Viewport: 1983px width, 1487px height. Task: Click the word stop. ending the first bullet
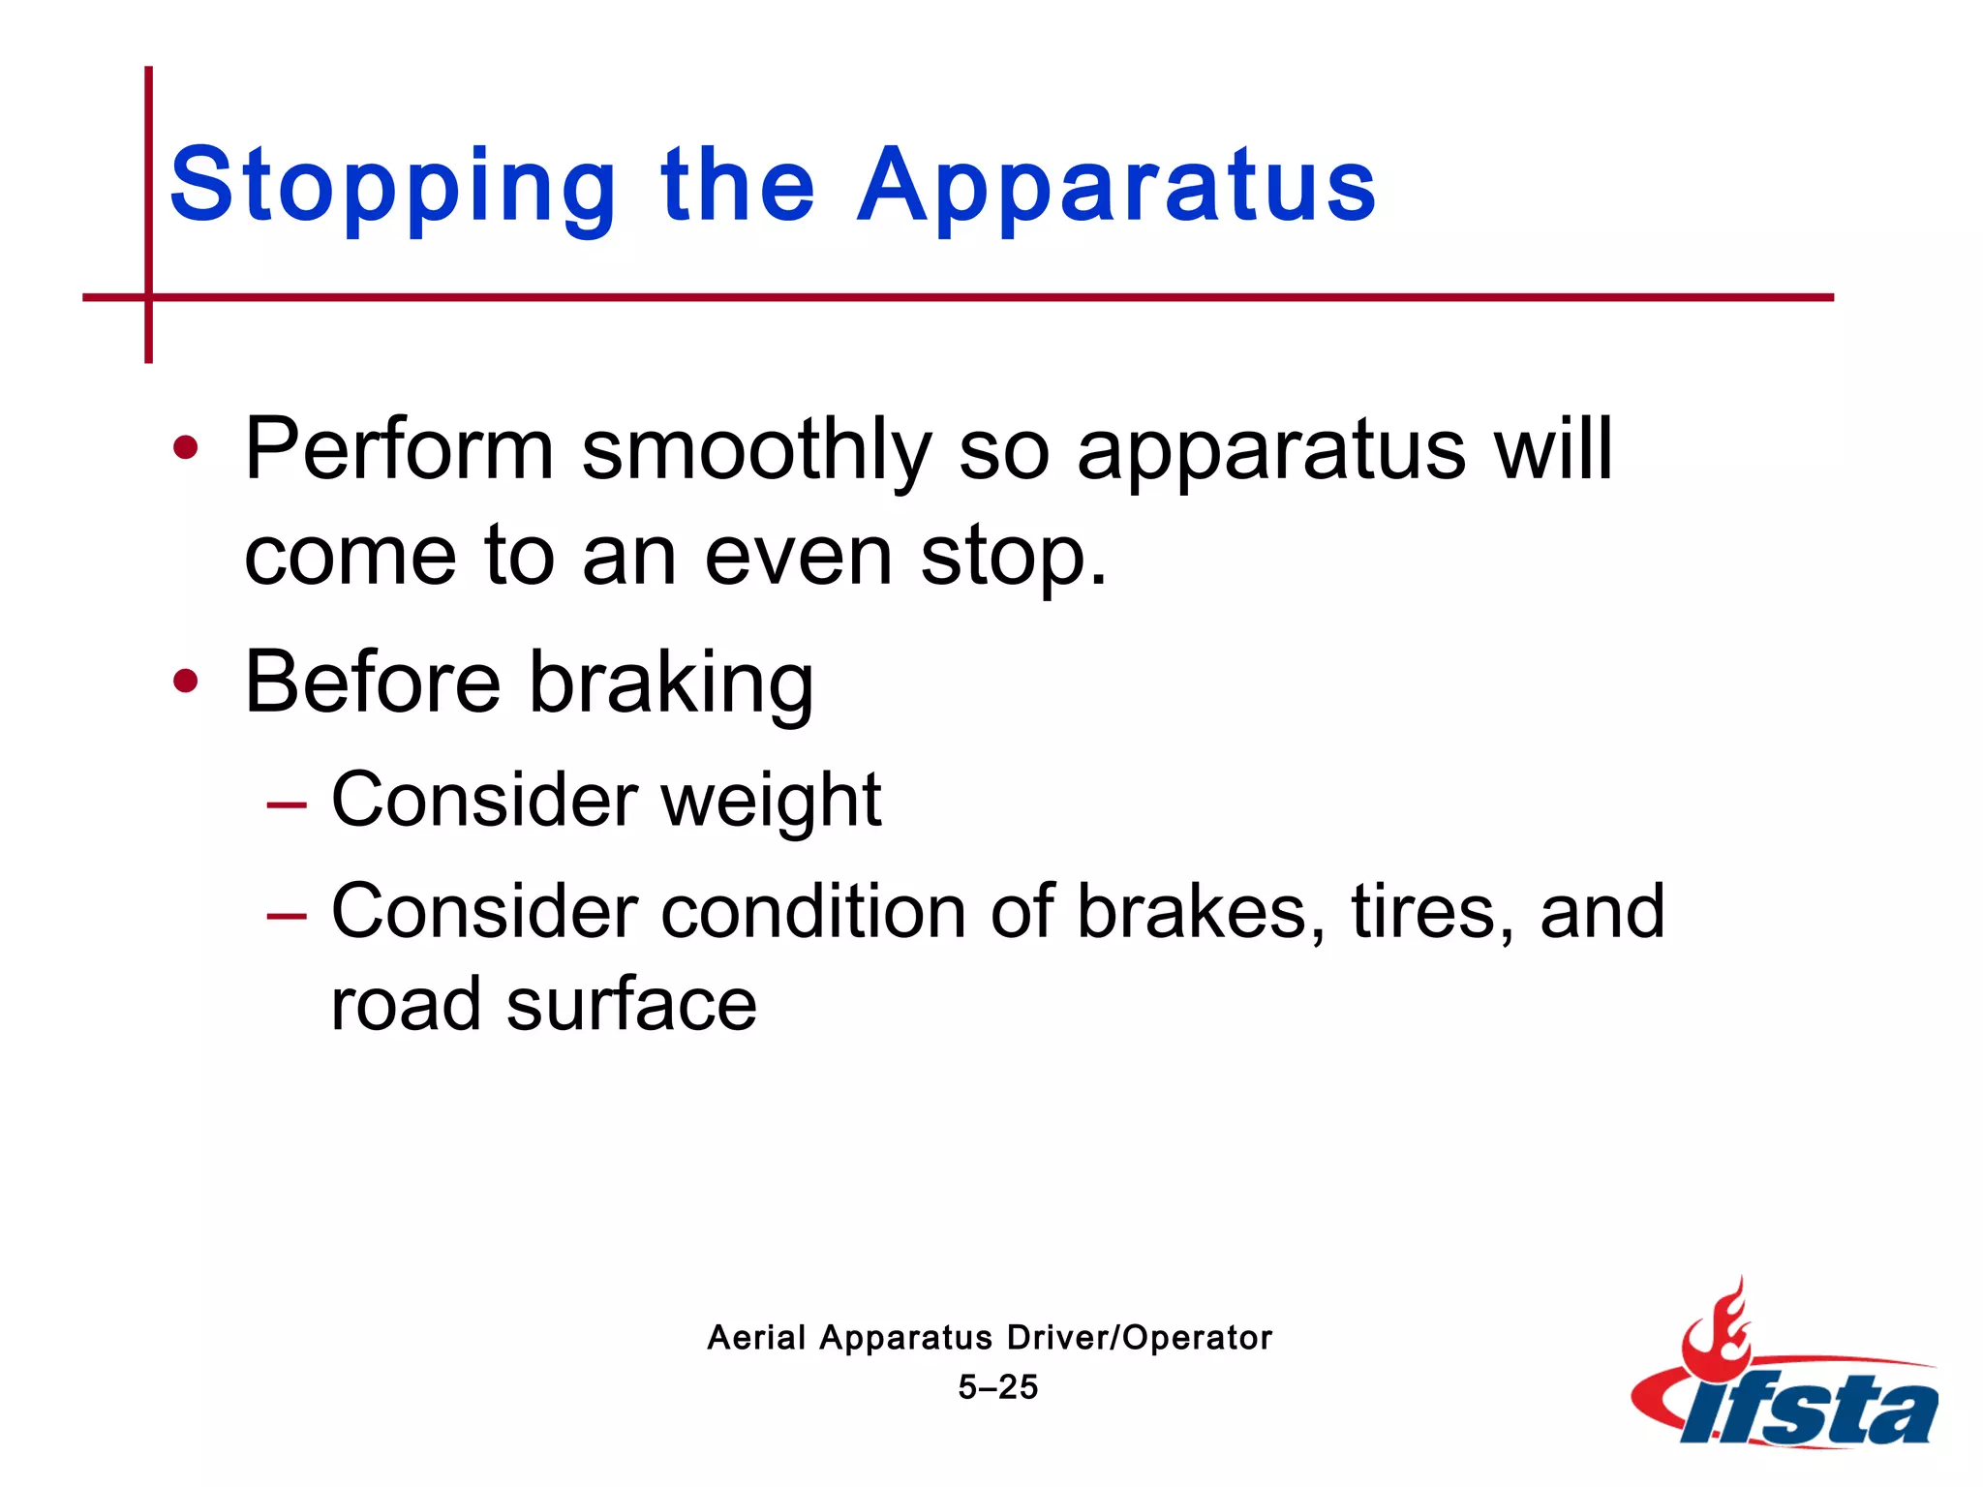[x=1013, y=560]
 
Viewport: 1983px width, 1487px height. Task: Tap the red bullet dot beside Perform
[x=185, y=448]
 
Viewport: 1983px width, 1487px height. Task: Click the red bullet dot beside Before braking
[x=185, y=682]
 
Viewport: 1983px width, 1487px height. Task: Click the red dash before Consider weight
[x=287, y=804]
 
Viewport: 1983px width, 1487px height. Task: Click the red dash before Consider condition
[x=287, y=915]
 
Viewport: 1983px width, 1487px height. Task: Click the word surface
[x=631, y=1005]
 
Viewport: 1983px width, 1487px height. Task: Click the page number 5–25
[x=997, y=1387]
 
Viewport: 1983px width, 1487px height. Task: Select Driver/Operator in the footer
[x=1139, y=1338]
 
